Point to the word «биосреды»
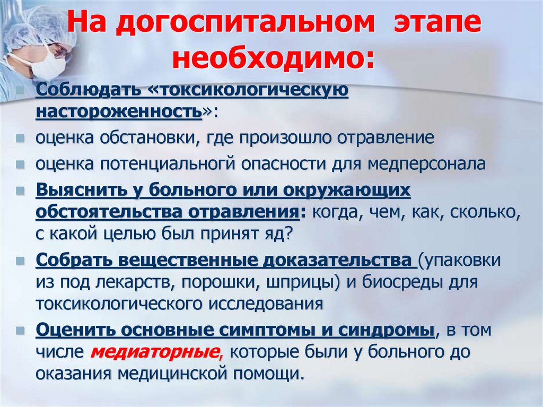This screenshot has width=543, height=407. click(407, 282)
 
